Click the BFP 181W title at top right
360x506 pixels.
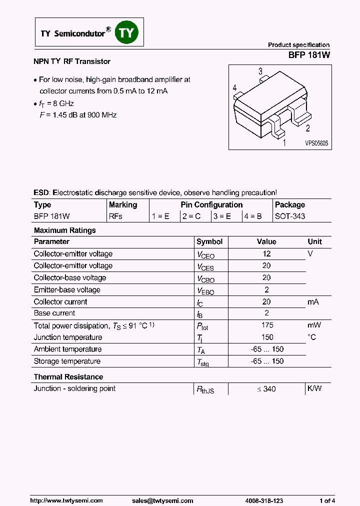click(x=309, y=56)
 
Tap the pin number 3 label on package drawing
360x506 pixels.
click(x=260, y=71)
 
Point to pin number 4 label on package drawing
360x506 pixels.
click(x=234, y=88)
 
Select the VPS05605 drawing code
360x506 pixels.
click(x=317, y=143)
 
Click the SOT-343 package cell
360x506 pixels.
click(x=290, y=216)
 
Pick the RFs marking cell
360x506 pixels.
click(x=115, y=216)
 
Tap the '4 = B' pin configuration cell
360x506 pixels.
click(x=253, y=216)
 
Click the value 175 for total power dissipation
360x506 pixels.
click(x=266, y=325)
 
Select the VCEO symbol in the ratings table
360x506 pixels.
click(x=205, y=254)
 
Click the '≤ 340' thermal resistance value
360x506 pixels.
click(x=266, y=389)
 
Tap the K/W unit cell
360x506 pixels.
click(x=314, y=388)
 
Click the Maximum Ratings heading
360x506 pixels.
click(x=64, y=230)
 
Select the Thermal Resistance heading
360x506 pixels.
click(x=68, y=377)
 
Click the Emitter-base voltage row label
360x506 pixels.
click(x=67, y=290)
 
